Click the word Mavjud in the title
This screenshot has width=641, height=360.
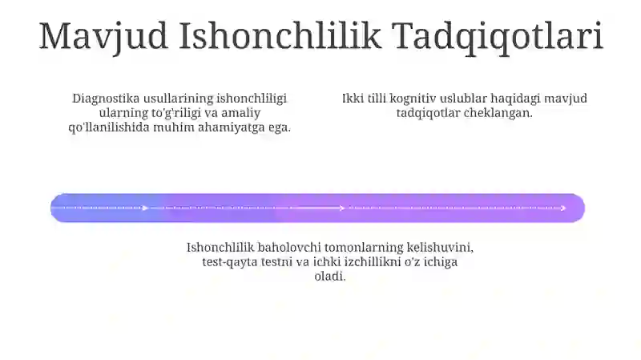[103, 36]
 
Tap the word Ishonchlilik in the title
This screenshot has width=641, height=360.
[280, 35]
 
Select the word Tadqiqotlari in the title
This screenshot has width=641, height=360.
[498, 37]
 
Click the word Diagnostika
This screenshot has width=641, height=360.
[106, 99]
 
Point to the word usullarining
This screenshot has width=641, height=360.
[178, 99]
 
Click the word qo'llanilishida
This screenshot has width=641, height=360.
[109, 127]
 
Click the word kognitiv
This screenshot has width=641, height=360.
[413, 99]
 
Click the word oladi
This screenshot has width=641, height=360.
[330, 276]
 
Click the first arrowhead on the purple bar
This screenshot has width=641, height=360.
[145, 208]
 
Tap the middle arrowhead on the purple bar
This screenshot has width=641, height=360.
[342, 208]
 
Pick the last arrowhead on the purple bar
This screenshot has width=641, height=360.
[563, 208]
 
